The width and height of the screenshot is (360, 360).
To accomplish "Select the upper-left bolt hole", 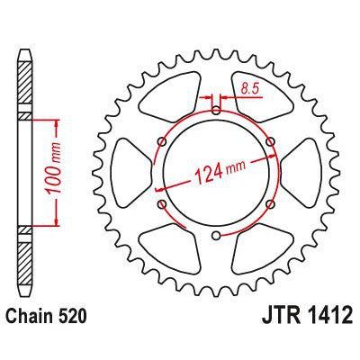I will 161,141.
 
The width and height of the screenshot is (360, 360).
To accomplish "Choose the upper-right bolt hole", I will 271,141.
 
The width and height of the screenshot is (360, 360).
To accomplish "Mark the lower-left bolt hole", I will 161,205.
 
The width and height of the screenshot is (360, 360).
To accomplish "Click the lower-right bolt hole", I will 271,205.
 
